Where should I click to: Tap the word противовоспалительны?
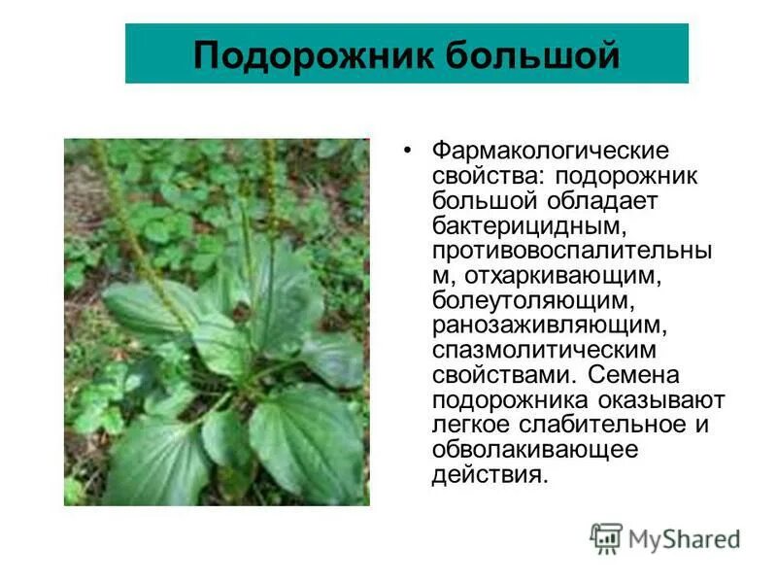pos(572,251)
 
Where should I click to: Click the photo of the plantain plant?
pos(217,322)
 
